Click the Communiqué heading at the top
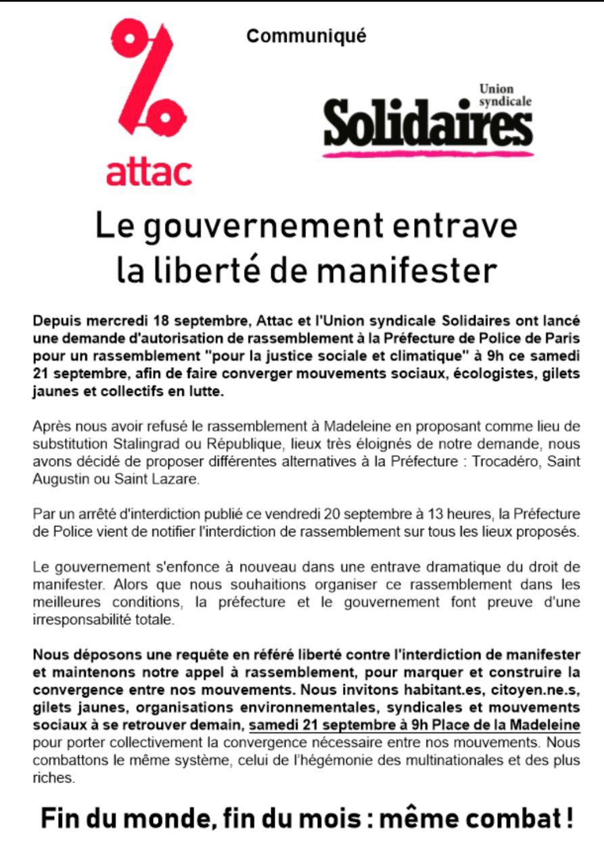[x=306, y=36]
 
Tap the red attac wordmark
[x=149, y=172]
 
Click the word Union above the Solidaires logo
[x=496, y=89]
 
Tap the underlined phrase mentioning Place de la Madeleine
[x=415, y=726]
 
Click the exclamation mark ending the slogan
[x=568, y=818]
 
